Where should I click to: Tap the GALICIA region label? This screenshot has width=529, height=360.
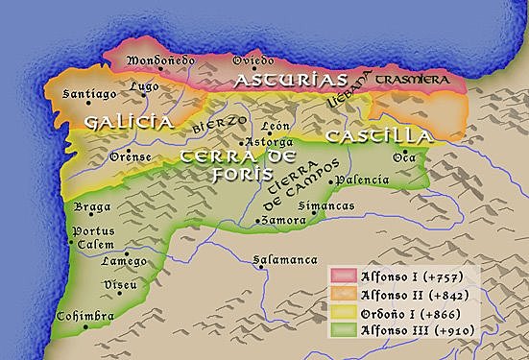pos(128,123)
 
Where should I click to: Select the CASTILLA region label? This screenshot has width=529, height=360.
pos(377,136)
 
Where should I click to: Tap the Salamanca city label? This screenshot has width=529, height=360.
pos(285,259)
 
